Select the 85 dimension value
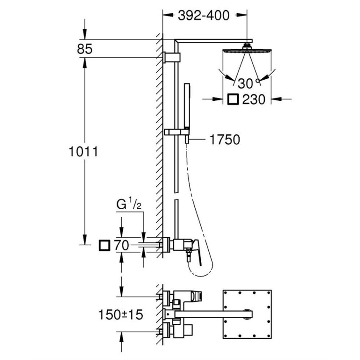(85, 49)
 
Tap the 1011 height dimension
(83, 152)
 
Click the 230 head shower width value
(254, 100)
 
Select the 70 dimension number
(122, 245)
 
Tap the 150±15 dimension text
(120, 315)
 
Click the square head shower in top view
(247, 314)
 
